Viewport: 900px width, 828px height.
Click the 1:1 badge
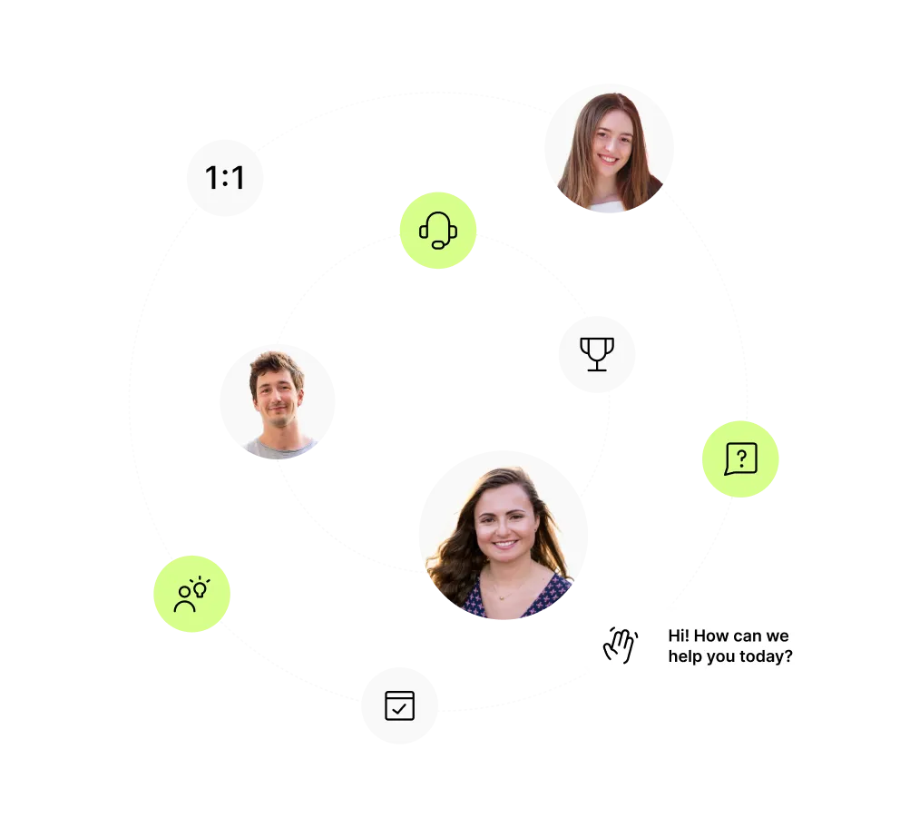pyautogui.click(x=225, y=178)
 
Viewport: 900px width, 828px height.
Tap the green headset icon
pyautogui.click(x=438, y=230)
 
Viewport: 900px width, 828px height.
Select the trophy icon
pyautogui.click(x=596, y=354)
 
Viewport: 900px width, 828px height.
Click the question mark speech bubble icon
pyautogui.click(x=740, y=458)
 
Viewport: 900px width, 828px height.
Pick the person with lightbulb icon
pyautogui.click(x=191, y=594)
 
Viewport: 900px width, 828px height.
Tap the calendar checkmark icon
pyautogui.click(x=399, y=705)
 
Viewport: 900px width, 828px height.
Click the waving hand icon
pyautogui.click(x=621, y=645)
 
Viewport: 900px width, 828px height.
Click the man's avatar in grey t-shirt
pyautogui.click(x=279, y=402)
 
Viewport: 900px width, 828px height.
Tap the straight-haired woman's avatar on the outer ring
pyautogui.click(x=609, y=150)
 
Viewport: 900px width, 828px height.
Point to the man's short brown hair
pyautogui.click(x=275, y=365)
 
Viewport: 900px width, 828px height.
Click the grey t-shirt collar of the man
pyautogui.click(x=282, y=445)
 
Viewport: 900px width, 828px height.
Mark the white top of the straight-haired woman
pyautogui.click(x=609, y=209)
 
